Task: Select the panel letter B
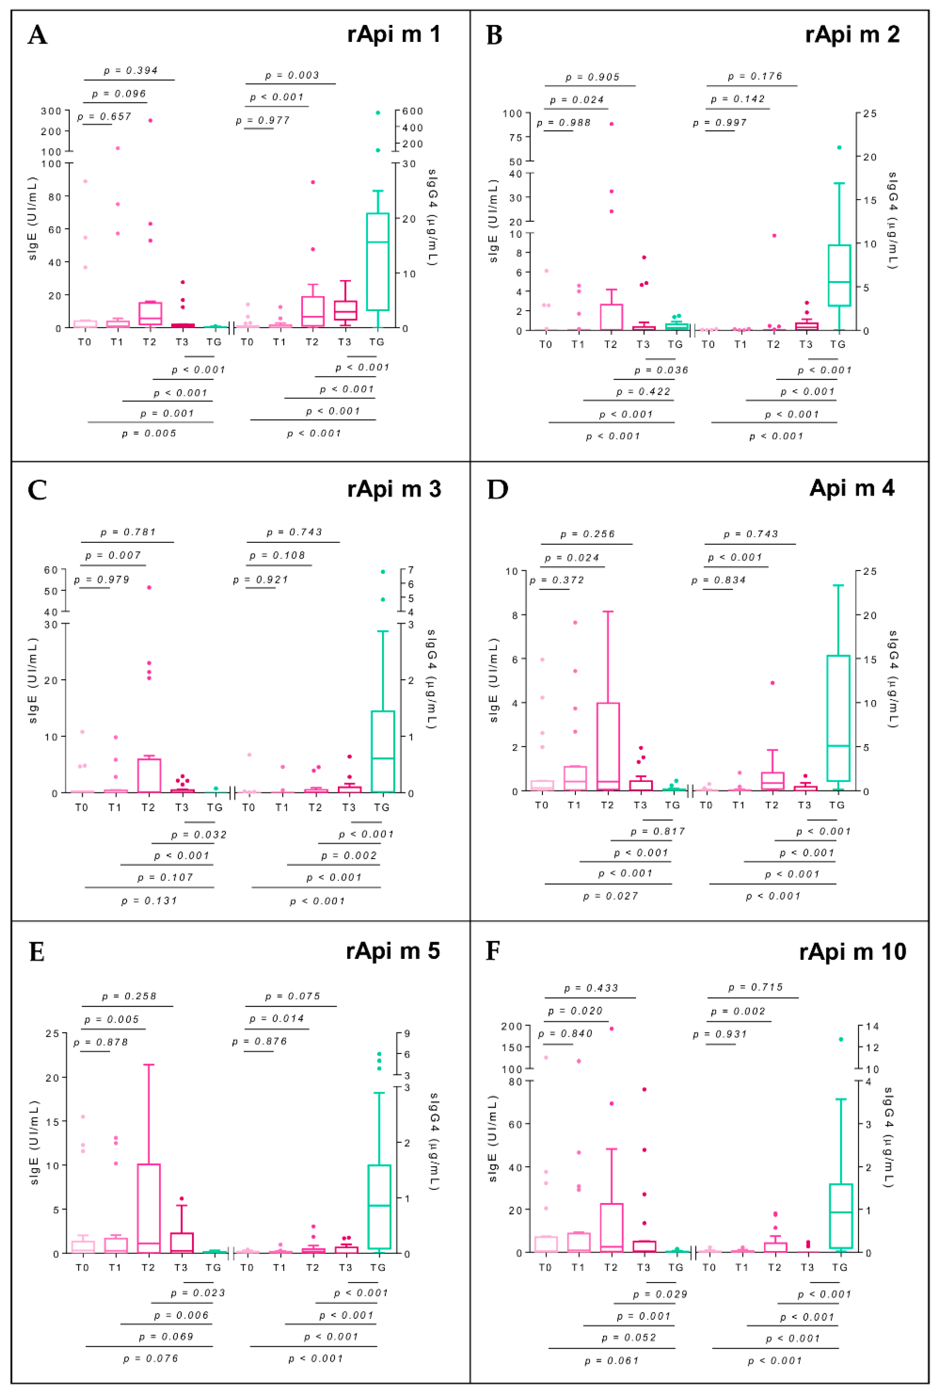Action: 494,35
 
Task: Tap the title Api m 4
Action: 851,488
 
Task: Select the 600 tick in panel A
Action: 413,111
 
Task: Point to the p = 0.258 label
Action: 129,996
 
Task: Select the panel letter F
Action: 493,952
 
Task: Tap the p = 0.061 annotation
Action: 611,1361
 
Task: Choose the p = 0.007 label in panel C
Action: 113,556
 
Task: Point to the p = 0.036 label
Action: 661,370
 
